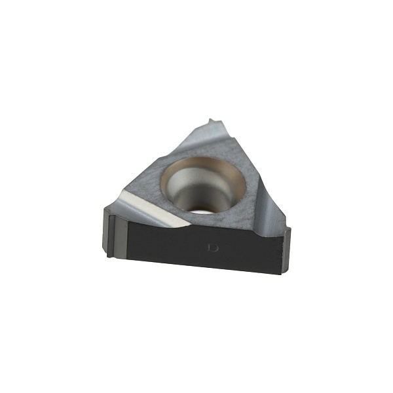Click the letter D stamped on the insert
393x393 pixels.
[214, 248]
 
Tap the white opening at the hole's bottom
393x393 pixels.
[202, 212]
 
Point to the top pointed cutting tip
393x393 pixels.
[210, 120]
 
